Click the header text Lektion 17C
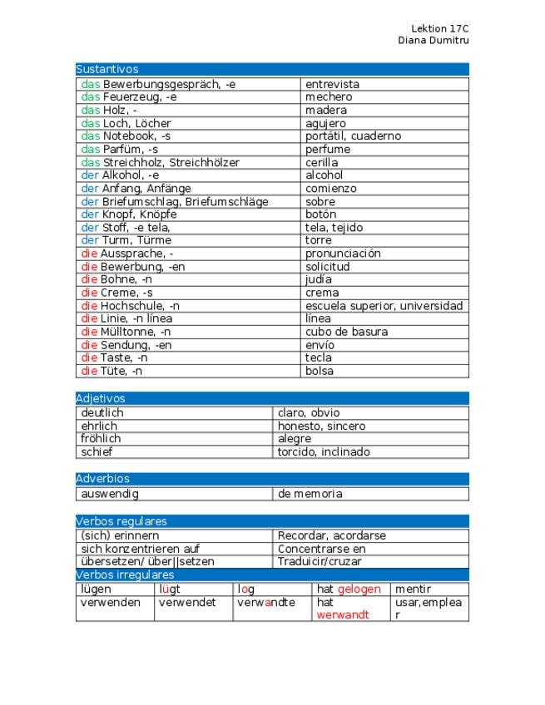click(x=440, y=28)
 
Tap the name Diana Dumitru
click(x=434, y=40)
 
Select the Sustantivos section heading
click(x=107, y=70)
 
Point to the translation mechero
click(x=329, y=97)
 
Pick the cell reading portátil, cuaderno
click(x=353, y=136)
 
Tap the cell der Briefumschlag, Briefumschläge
click(x=174, y=201)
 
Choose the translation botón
click(x=320, y=214)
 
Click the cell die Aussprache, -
click(x=126, y=254)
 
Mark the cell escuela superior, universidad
click(x=384, y=306)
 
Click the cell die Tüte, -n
click(x=111, y=371)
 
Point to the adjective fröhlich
click(x=101, y=439)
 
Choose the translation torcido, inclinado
click(x=324, y=452)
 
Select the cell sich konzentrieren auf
click(x=140, y=549)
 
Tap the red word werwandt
click(x=343, y=615)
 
